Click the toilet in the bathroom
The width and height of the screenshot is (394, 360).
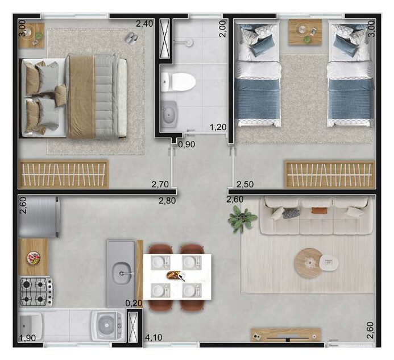(x=179, y=82)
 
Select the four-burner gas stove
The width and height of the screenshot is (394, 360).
(x=36, y=292)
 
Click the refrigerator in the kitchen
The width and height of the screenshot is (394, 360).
(x=39, y=217)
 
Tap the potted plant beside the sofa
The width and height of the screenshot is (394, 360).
(x=242, y=218)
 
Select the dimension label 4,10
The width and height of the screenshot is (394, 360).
(x=153, y=337)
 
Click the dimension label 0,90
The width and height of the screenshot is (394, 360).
(x=186, y=144)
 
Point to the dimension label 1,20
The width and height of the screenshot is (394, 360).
(x=218, y=127)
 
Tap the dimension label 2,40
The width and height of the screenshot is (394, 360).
(x=144, y=24)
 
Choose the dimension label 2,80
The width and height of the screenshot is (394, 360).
(x=167, y=201)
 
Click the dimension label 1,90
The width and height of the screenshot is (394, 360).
(x=28, y=338)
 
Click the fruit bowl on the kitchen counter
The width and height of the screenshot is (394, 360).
(x=34, y=258)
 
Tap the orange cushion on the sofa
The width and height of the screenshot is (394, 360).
(x=320, y=210)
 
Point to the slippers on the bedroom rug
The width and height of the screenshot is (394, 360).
(x=131, y=38)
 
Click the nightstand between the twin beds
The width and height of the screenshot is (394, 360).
(x=305, y=32)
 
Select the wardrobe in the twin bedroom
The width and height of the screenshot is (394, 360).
(x=329, y=175)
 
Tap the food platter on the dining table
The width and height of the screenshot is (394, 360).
(x=176, y=275)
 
